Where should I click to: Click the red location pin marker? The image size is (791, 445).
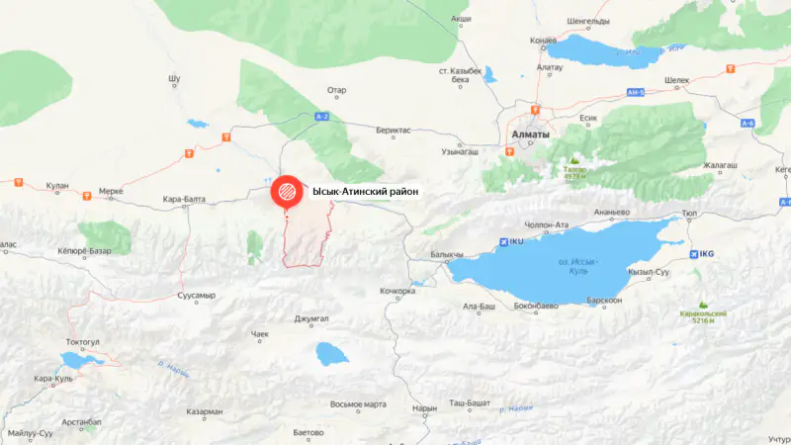[x=285, y=192]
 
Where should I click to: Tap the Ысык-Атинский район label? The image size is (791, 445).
[x=365, y=191]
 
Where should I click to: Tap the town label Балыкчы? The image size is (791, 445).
[x=447, y=254]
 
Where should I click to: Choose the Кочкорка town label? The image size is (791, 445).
[x=397, y=291]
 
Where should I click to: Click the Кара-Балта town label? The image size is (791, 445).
[x=185, y=199]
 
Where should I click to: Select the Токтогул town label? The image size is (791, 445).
[x=83, y=341]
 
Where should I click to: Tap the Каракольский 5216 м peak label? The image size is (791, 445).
[x=703, y=315]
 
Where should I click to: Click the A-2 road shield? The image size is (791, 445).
[x=320, y=117]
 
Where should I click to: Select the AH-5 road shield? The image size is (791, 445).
[x=636, y=92]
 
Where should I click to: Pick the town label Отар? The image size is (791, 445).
[x=337, y=90]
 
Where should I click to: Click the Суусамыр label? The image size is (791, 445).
[x=195, y=295]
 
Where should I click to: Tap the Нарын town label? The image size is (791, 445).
[x=424, y=407]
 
